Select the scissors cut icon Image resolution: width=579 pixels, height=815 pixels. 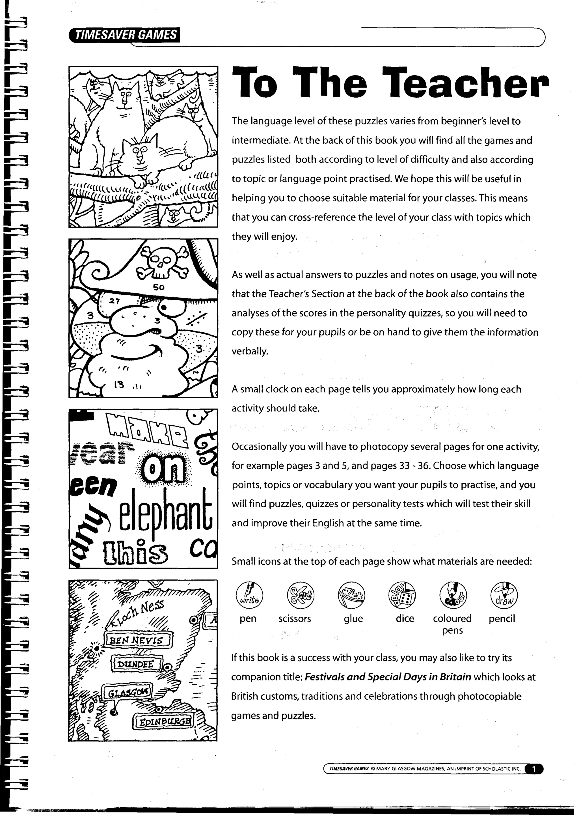point(301,595)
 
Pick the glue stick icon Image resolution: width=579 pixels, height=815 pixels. point(351,595)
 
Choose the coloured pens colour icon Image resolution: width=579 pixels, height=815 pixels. point(453,595)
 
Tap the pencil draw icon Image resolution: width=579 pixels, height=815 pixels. point(504,595)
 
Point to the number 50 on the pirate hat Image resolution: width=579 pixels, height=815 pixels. point(159,287)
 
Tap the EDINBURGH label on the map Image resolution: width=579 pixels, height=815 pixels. point(163,722)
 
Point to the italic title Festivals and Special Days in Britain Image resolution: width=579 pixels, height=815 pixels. point(388,677)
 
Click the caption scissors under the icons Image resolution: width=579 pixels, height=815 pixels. point(295,618)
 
